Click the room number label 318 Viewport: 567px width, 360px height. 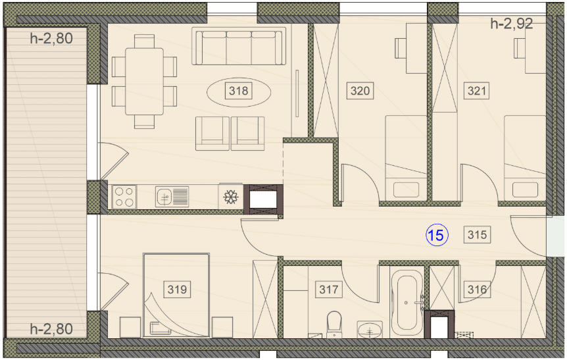238,90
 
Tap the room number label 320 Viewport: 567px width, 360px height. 360,90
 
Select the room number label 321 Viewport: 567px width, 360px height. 477,90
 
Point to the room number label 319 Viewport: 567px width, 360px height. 177,289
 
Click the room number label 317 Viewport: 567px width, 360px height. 329,289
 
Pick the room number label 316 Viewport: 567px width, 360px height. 477,289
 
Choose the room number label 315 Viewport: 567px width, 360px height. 477,235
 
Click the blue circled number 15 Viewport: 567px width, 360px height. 437,235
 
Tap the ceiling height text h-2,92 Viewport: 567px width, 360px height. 511,24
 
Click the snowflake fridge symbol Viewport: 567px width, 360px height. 230,197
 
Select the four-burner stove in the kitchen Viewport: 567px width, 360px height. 124,197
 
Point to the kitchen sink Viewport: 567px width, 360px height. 172,197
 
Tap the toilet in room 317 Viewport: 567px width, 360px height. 334,324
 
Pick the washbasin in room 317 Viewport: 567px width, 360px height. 370,329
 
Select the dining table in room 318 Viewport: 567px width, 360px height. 144,82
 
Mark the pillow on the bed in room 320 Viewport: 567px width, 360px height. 406,190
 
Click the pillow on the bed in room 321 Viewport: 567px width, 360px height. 525,190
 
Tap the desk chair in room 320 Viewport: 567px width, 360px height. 401,48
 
